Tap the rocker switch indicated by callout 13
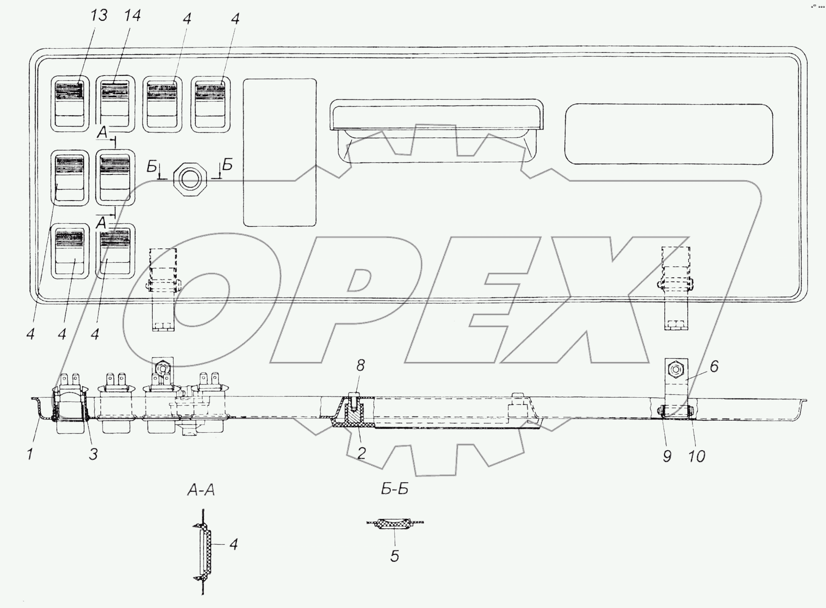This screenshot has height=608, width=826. [70, 104]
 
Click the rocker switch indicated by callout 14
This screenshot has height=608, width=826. [115, 104]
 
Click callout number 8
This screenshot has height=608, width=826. [361, 366]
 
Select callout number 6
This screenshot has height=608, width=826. [714, 366]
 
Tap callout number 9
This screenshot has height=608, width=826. [667, 457]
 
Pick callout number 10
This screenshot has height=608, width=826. [696, 457]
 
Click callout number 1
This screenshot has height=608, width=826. [30, 454]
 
